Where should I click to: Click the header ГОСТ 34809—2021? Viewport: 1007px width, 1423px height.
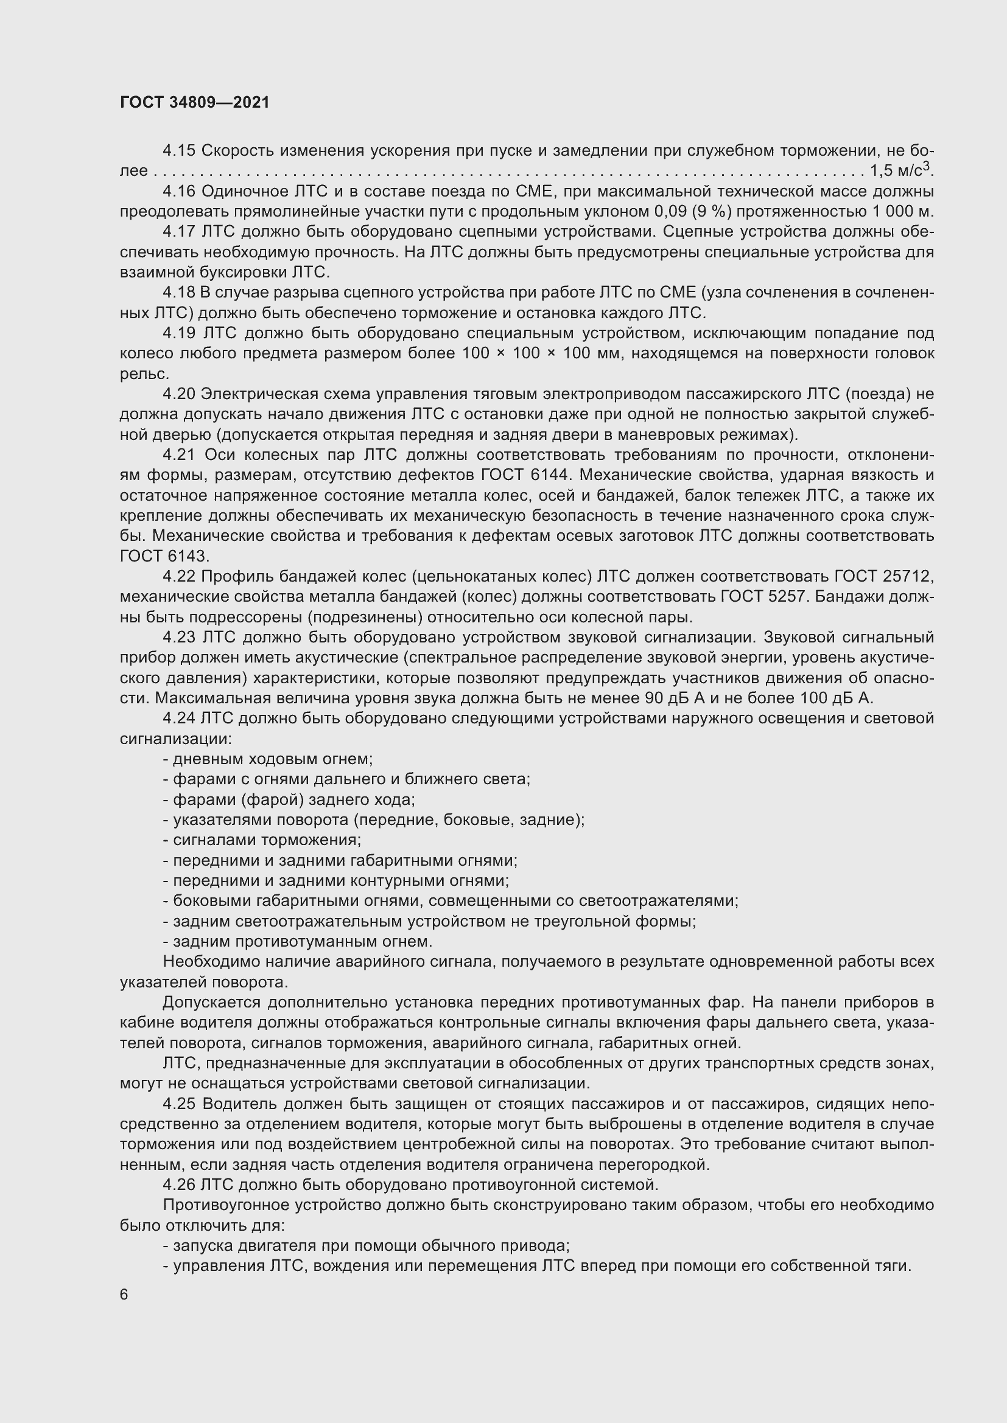pos(195,102)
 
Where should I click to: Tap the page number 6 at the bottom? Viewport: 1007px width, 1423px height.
pos(124,1295)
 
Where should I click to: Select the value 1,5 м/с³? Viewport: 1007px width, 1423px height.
pos(901,170)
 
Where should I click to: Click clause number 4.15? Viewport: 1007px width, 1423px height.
pos(179,151)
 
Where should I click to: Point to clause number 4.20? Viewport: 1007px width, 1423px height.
pos(179,394)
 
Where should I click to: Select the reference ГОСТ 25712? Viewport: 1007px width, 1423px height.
pos(883,576)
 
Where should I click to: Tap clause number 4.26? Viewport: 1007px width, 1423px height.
pos(179,1185)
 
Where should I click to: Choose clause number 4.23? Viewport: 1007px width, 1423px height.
pos(179,638)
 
